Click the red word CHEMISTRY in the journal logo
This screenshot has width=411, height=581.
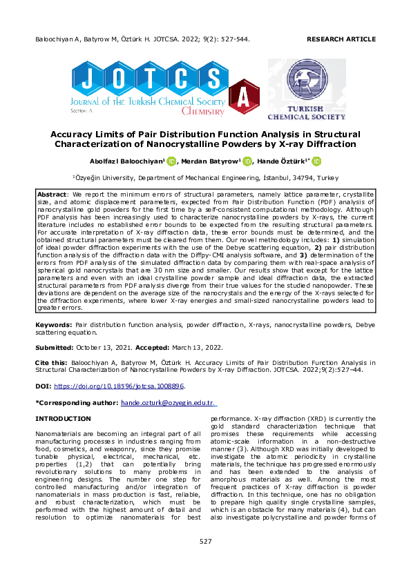(202, 110)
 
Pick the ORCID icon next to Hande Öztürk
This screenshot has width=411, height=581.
(316, 161)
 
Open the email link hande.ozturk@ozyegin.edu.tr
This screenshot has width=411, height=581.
(168, 402)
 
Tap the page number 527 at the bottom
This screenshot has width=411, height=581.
(205, 560)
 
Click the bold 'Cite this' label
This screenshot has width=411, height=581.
(52, 362)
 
